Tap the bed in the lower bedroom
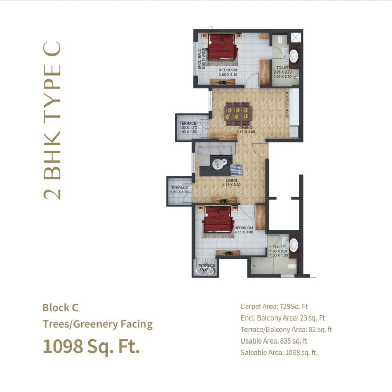click(219, 221)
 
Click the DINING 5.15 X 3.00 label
click(246, 130)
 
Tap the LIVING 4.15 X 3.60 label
click(231, 183)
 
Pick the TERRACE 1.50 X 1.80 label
click(180, 190)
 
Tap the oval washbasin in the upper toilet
click(294, 55)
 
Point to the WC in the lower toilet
click(291, 266)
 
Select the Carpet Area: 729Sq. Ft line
click(274, 307)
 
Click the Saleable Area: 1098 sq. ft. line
click(279, 352)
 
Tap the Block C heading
click(60, 308)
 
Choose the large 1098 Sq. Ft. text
click(91, 347)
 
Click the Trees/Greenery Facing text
click(97, 324)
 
